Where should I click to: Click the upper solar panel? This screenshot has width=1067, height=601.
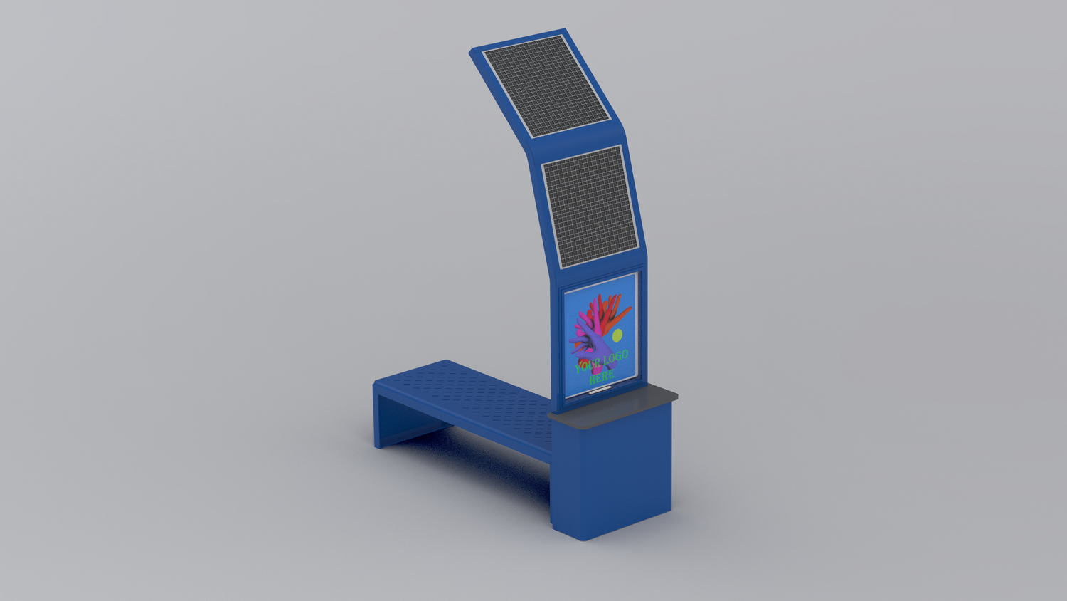pos(546,85)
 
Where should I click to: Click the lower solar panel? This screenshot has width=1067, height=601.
pos(588,207)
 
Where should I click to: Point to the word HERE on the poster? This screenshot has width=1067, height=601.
pos(602,377)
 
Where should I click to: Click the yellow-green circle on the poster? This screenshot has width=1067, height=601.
pos(617,335)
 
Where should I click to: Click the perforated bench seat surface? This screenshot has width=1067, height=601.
pos(469,395)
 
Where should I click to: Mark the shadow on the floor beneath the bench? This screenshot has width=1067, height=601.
pos(484,456)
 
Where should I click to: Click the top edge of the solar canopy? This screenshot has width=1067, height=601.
pos(518,40)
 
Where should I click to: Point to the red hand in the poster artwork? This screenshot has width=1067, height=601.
pos(601,306)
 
